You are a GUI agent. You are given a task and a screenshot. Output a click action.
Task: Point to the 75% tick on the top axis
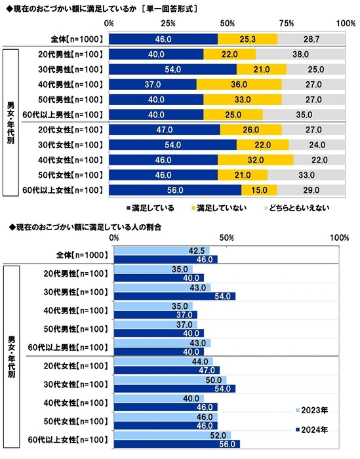click(x=287, y=24)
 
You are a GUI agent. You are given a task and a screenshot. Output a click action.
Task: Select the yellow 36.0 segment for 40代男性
click(x=239, y=84)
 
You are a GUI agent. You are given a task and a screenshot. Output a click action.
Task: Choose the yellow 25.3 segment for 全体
click(x=248, y=39)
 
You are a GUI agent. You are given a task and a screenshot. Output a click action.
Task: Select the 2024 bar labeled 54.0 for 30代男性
click(x=174, y=296)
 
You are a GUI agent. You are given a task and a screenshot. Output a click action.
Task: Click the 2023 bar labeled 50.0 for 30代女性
click(x=170, y=380)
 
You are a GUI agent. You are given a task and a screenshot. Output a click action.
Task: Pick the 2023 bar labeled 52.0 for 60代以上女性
click(x=172, y=435)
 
